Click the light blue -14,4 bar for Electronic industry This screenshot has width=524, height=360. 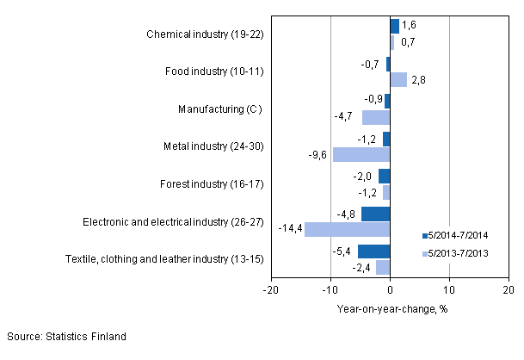pos(347,230)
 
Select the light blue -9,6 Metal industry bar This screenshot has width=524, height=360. pos(361,155)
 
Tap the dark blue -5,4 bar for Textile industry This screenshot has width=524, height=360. pos(373,251)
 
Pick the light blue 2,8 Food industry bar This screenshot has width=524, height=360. pos(398,79)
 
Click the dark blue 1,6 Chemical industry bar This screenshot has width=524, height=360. pos(394,26)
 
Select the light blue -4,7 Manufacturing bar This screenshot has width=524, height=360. pos(376,117)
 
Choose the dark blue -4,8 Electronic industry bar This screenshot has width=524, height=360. pos(375,214)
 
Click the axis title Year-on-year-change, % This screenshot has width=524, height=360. pos(389,308)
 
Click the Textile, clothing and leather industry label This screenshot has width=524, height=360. pos(163,258)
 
